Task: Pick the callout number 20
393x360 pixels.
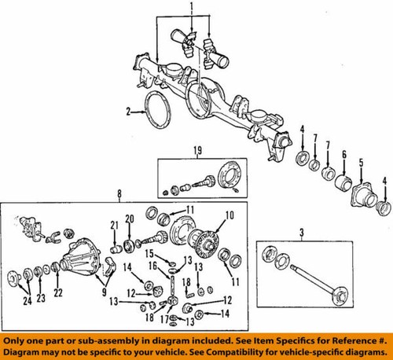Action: [130, 218]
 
